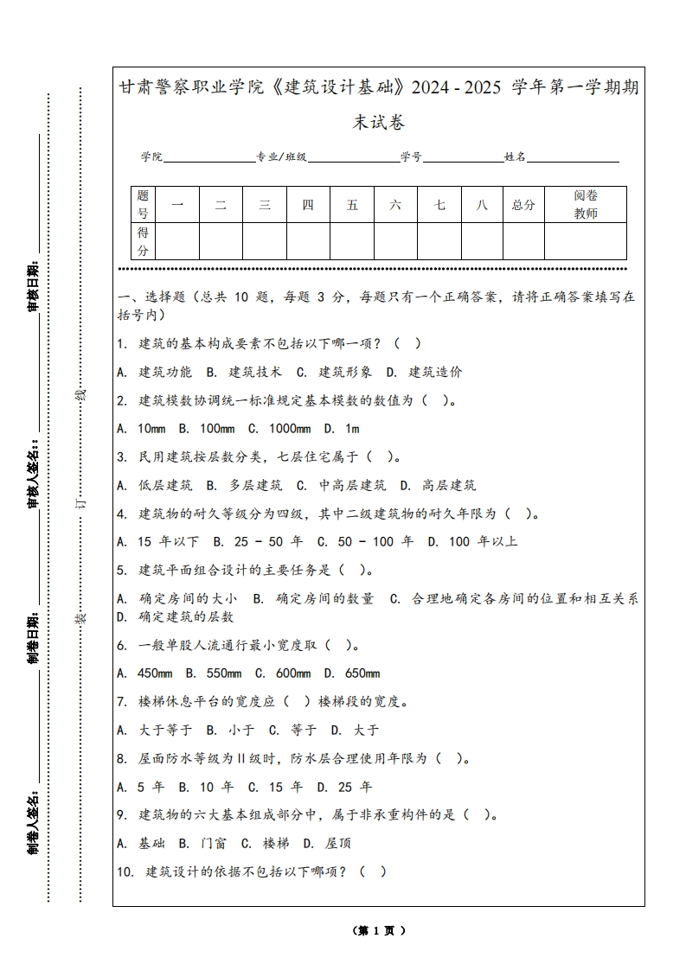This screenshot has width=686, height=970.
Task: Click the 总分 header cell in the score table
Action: [523, 205]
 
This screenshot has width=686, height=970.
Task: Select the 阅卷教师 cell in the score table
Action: [586, 205]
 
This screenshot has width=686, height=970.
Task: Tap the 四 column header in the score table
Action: [308, 205]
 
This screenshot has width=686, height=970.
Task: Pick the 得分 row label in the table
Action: [144, 241]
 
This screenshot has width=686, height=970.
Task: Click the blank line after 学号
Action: [463, 158]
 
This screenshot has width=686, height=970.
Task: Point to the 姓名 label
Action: [515, 157]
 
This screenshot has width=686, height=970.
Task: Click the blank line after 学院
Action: [208, 158]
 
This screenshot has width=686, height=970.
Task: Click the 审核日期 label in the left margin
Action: [33, 285]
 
